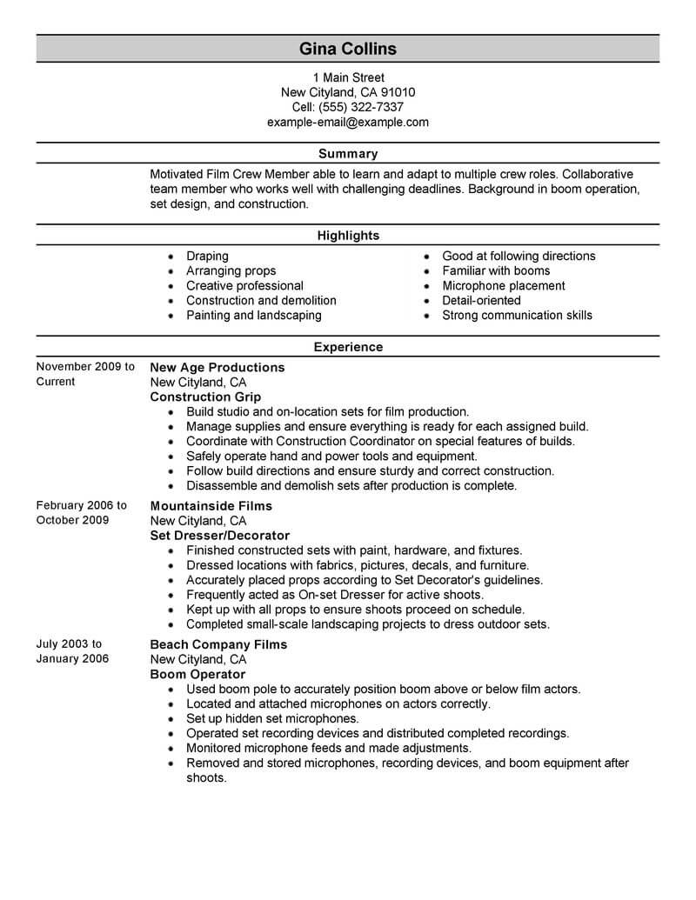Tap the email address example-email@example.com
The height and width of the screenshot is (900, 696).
[x=347, y=122]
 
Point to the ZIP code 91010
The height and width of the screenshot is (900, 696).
[x=398, y=92]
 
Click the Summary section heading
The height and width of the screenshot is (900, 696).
[x=347, y=154]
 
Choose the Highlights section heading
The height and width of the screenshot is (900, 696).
[x=347, y=236]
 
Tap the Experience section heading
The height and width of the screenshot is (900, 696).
[x=347, y=347]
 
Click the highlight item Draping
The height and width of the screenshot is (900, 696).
[x=207, y=257]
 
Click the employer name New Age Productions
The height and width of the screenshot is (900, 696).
[x=217, y=368]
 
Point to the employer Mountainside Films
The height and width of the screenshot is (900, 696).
[x=211, y=506]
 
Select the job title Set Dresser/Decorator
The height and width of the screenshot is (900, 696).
[x=219, y=536]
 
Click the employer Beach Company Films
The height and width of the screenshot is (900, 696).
[x=218, y=645]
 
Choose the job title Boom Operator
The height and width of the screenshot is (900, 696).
[x=197, y=675]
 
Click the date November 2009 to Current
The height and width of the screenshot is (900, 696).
[x=85, y=374]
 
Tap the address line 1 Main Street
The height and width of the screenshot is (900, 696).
[x=347, y=77]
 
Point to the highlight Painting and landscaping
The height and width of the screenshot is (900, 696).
[x=253, y=316]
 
